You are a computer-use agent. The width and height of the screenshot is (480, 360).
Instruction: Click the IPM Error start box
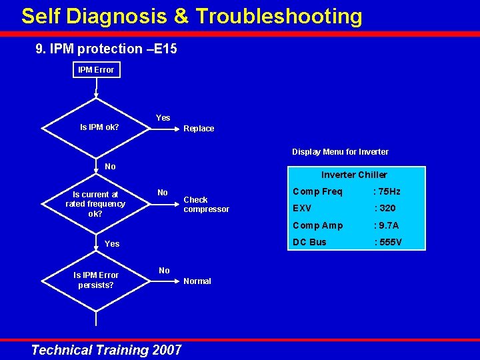click(x=96, y=69)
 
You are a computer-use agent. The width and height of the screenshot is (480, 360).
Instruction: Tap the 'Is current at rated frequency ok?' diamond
click(x=95, y=204)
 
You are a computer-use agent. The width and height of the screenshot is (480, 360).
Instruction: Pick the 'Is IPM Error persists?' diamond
click(x=96, y=280)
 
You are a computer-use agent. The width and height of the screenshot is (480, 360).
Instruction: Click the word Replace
click(x=199, y=129)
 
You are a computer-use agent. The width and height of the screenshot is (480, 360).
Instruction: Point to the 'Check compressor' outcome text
click(x=206, y=205)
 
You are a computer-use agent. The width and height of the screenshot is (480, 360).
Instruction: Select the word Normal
click(x=197, y=281)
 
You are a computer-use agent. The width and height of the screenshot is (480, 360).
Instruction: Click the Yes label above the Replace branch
click(x=163, y=118)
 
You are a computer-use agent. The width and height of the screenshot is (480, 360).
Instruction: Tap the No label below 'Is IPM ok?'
click(x=110, y=167)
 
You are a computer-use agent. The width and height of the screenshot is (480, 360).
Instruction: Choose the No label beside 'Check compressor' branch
click(x=162, y=193)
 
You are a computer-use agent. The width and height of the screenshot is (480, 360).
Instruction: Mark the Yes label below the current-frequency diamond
click(x=112, y=244)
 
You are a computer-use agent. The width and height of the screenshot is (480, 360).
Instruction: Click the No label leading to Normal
click(x=164, y=270)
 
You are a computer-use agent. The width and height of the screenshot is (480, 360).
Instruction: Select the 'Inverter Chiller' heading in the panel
click(x=354, y=175)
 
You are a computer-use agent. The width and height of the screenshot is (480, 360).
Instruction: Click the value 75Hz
click(x=388, y=191)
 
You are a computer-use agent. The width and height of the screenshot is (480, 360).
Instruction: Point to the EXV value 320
click(x=386, y=208)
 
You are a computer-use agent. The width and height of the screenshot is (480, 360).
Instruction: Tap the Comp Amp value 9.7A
click(x=387, y=225)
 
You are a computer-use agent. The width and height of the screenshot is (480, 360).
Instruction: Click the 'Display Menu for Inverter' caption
click(x=340, y=152)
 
